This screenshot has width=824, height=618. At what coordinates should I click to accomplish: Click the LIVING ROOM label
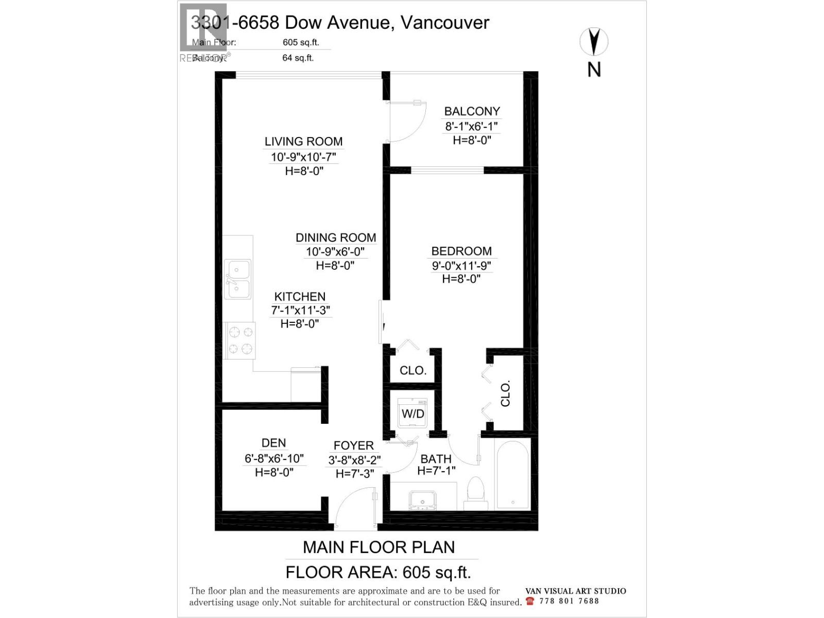[x=303, y=142]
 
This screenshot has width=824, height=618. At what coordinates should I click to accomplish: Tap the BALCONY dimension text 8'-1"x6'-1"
[x=471, y=126]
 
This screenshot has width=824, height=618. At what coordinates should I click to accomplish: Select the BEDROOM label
[x=461, y=251]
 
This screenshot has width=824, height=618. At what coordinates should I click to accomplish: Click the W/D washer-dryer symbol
[x=413, y=413]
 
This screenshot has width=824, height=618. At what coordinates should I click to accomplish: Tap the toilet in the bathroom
[x=475, y=493]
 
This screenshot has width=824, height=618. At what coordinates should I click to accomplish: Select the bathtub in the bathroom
[x=512, y=474]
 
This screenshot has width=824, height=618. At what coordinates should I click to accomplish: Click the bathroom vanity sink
[x=422, y=500]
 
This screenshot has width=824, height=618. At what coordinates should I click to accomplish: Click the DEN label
[x=273, y=443]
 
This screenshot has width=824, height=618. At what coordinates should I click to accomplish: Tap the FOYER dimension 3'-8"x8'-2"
[x=354, y=460]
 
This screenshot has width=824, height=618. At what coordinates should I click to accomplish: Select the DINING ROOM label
[x=335, y=238]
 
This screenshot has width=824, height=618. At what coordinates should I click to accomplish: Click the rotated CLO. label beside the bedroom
[x=505, y=393]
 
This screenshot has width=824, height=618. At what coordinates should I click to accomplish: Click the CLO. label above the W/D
[x=413, y=370]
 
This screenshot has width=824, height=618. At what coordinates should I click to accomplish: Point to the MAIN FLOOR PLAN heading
[x=379, y=547]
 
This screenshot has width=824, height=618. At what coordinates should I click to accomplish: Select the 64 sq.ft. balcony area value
[x=298, y=58]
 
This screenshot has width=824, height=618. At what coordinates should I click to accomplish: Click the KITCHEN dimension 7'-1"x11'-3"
[x=300, y=310]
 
